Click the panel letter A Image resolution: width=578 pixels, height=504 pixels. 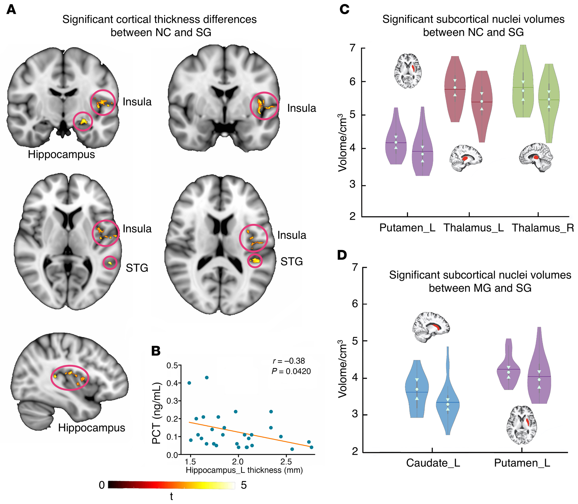tap(11, 9)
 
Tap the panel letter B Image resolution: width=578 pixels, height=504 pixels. tap(156, 351)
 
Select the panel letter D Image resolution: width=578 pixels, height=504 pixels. tap(342, 255)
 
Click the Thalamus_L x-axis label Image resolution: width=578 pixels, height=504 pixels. tap(474, 228)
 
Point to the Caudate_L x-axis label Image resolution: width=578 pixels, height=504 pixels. tap(433, 463)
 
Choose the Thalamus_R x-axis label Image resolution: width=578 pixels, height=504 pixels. tap(543, 228)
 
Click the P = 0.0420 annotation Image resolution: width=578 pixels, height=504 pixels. tap(291, 371)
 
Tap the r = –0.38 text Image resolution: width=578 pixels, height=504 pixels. tap(289, 361)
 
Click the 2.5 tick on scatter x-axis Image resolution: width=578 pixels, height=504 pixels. tap(286, 461)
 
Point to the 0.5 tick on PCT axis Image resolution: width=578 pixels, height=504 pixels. tap(172, 365)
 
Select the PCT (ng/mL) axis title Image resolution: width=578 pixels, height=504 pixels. tap(157, 413)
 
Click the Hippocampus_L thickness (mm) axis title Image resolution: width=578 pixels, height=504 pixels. tap(244, 470)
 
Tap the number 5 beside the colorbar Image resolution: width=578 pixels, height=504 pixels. tap(244, 485)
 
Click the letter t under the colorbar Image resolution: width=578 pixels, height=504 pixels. tap(171, 496)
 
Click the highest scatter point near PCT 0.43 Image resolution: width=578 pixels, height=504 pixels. tap(207, 378)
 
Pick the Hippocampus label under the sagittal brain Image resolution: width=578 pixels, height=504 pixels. tap(92, 428)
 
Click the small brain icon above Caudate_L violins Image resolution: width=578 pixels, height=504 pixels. tap(431, 327)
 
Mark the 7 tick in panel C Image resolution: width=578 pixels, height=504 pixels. tap(353, 48)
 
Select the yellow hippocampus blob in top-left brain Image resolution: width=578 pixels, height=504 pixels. tap(84, 122)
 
